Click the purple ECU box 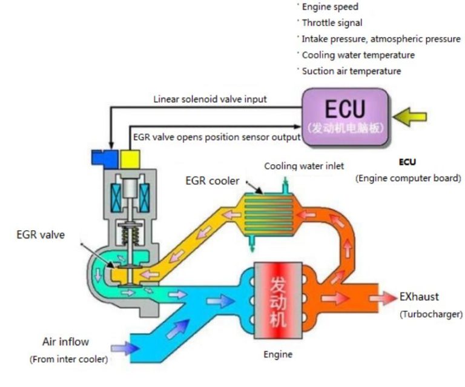(345, 116)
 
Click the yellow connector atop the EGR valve (129, 159)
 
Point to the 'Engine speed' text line (330, 7)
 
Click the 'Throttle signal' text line (332, 23)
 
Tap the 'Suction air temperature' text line (351, 71)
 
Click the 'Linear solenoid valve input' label (209, 99)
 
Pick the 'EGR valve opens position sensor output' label (216, 137)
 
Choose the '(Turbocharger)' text (430, 314)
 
